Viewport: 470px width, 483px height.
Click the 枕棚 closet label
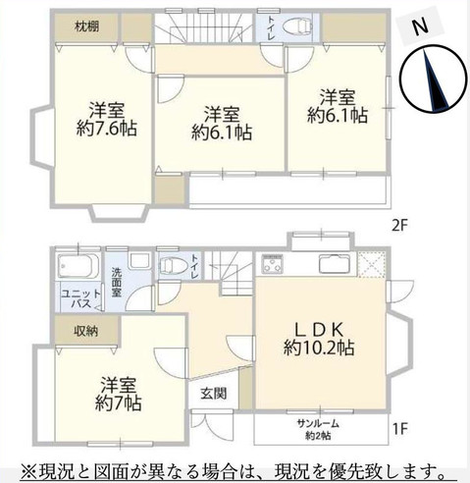(86, 27)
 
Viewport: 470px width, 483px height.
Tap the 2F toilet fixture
(297, 27)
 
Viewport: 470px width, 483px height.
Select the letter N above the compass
(421, 27)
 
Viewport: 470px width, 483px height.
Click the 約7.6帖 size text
(107, 128)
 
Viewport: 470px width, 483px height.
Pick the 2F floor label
(400, 226)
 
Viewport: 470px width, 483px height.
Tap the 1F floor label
(400, 429)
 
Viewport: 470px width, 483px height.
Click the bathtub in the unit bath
(78, 266)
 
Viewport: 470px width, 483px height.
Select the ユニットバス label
(81, 298)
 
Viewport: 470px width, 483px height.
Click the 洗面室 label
(117, 282)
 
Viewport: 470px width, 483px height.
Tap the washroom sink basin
(139, 260)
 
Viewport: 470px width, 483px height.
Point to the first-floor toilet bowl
(171, 265)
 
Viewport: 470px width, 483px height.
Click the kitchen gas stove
(272, 264)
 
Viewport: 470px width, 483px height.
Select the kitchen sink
(335, 264)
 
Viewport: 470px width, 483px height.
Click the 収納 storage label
(85, 331)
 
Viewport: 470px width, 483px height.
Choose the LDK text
(319, 330)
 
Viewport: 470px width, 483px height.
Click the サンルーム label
(318, 424)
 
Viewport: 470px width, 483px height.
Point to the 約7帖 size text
(118, 403)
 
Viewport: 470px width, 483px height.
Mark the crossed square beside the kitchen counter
(372, 265)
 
